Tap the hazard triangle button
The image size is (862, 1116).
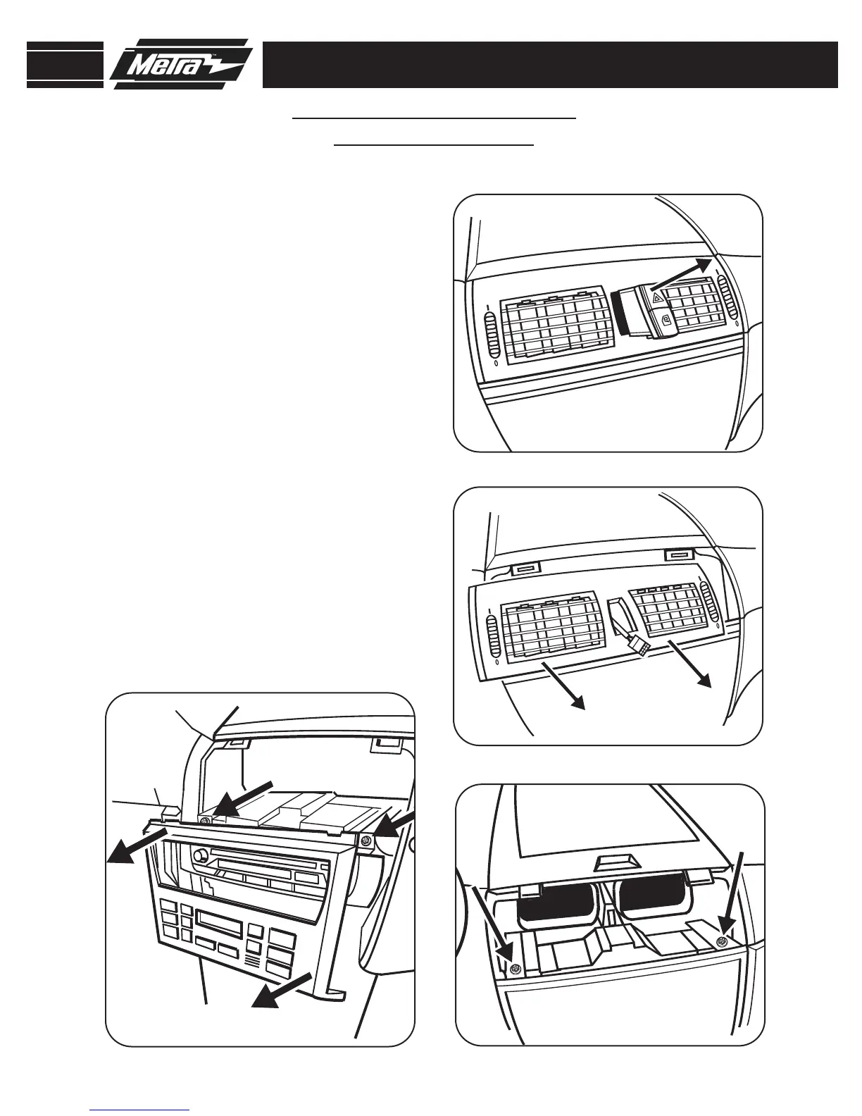657,299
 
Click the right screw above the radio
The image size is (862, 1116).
366,840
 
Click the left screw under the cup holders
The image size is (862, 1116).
516,969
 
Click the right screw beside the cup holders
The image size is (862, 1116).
720,942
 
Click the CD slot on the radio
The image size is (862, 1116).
271,864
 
